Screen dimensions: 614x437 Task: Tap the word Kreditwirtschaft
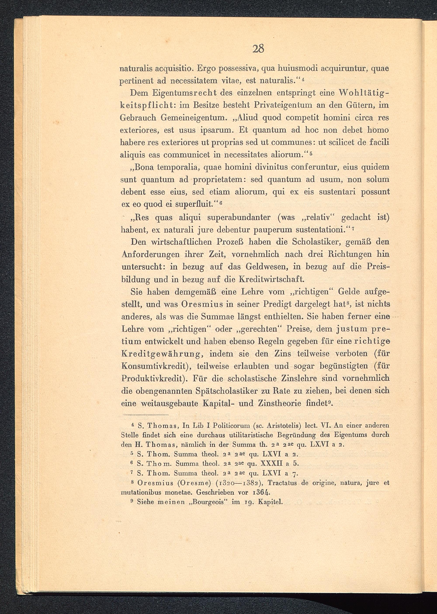coord(272,279)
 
